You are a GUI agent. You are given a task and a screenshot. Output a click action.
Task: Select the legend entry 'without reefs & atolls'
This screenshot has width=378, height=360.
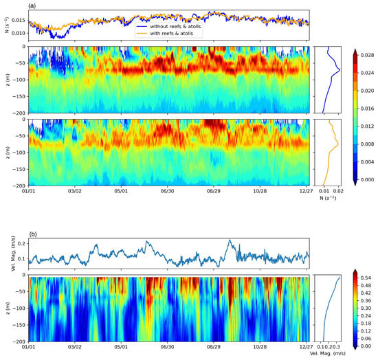click(172, 16)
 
